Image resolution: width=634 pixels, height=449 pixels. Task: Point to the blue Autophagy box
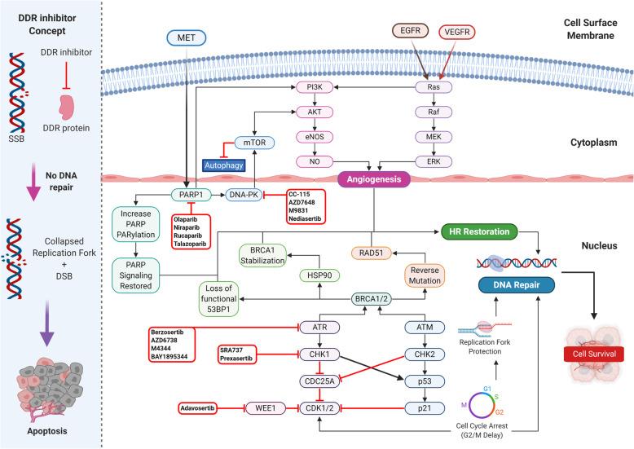229,165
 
